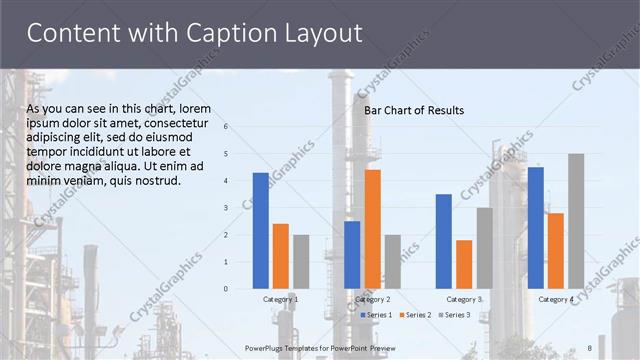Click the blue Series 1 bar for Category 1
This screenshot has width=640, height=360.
260,230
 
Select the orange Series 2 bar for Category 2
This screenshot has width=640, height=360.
372,229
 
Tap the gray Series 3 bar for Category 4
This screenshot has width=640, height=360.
576,221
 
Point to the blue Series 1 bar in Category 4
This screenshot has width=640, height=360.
535,228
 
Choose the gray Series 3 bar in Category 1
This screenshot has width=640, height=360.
301,261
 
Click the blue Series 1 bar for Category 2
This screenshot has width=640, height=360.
352,255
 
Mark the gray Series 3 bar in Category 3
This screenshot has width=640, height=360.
484,248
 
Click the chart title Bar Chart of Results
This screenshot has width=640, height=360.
413,110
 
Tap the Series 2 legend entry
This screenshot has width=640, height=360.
414,315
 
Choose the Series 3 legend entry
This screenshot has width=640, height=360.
453,315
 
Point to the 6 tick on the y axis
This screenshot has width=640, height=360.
226,127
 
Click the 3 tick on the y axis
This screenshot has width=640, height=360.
226,208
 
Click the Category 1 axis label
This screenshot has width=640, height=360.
280,299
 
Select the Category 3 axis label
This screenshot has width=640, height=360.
464,299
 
